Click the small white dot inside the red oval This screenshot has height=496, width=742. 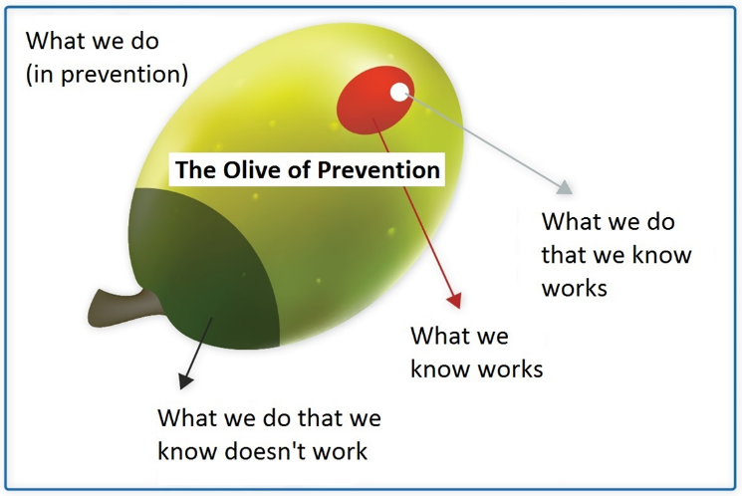pos(399,92)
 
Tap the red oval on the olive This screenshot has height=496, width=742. pos(375,100)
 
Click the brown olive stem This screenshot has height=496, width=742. pos(124,307)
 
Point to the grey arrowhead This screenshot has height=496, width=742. pos(565,187)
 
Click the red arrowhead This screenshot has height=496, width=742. pos(454,301)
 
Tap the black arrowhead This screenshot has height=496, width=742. pos(185,380)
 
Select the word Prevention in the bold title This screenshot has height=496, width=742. pos(378,170)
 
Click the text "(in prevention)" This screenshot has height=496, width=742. pos(107,75)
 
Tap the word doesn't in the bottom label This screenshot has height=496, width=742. pos(265,450)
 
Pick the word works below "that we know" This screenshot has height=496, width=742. pos(575,287)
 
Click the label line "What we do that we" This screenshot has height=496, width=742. pos(269,418)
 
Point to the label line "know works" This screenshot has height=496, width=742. pos(476,369)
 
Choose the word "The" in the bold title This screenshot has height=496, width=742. pos(196,170)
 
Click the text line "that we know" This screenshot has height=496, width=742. pos(617,255)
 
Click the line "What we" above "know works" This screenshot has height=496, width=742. pos(459,336)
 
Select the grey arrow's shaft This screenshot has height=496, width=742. pos(482,139)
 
